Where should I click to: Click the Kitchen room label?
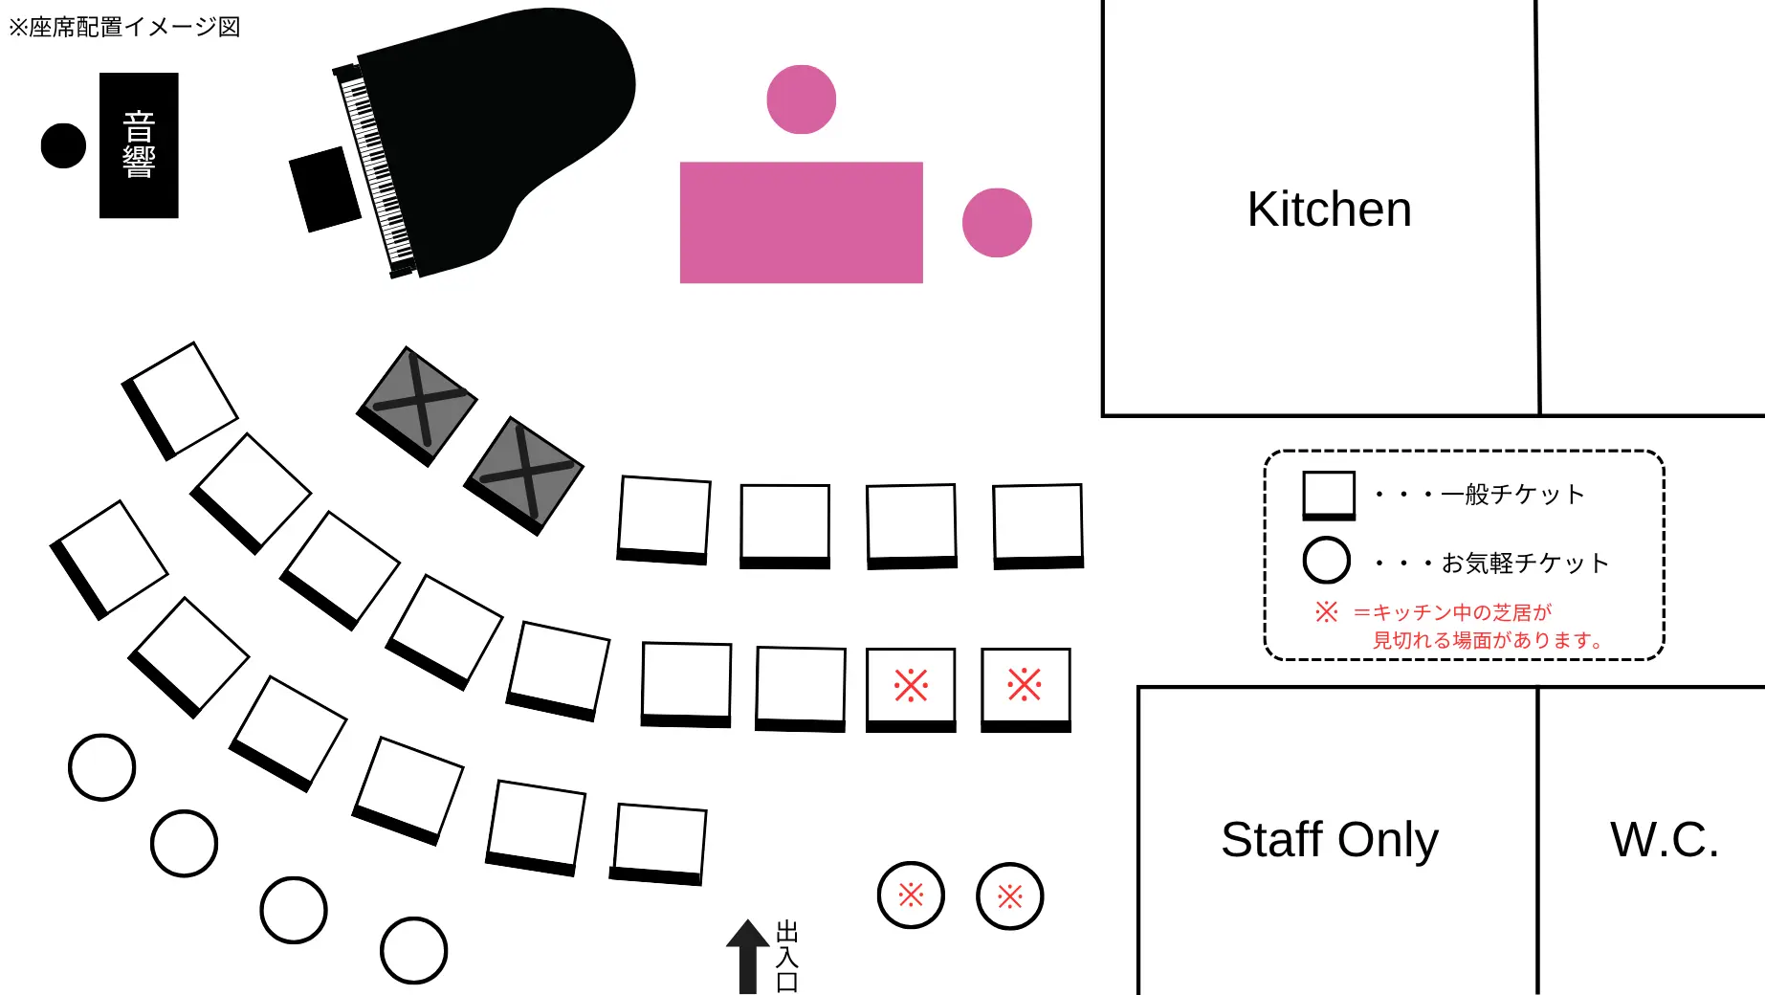coord(1329,210)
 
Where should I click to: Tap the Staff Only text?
coord(1329,840)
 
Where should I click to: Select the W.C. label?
coord(1664,840)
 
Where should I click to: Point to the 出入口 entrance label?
coord(786,956)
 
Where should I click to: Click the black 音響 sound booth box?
coord(139,145)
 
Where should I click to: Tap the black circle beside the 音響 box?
coord(63,145)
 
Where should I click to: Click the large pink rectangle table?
coord(801,222)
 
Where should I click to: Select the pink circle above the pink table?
coord(801,99)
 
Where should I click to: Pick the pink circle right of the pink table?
coord(997,222)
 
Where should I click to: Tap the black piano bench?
coord(325,188)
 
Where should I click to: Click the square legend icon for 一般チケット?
coord(1329,495)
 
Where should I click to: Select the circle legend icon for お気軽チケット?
coord(1327,561)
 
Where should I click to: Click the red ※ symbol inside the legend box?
coord(1326,611)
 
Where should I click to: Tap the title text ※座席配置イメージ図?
coord(124,27)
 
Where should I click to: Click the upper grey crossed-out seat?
coord(417,406)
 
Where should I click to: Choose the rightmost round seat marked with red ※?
coord(1009,895)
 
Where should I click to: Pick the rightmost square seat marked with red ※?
coord(1025,687)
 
